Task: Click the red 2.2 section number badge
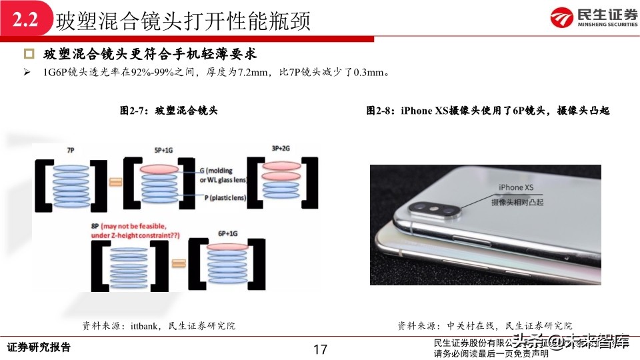coord(25,21)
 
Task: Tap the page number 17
coord(319,349)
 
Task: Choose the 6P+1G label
coord(228,233)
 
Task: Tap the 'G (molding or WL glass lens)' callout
coord(225,175)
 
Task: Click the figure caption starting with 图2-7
coord(169,111)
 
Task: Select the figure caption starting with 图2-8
coord(488,111)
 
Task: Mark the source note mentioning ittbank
coord(159,326)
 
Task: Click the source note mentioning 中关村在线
coord(485,326)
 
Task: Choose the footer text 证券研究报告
coord(38,348)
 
